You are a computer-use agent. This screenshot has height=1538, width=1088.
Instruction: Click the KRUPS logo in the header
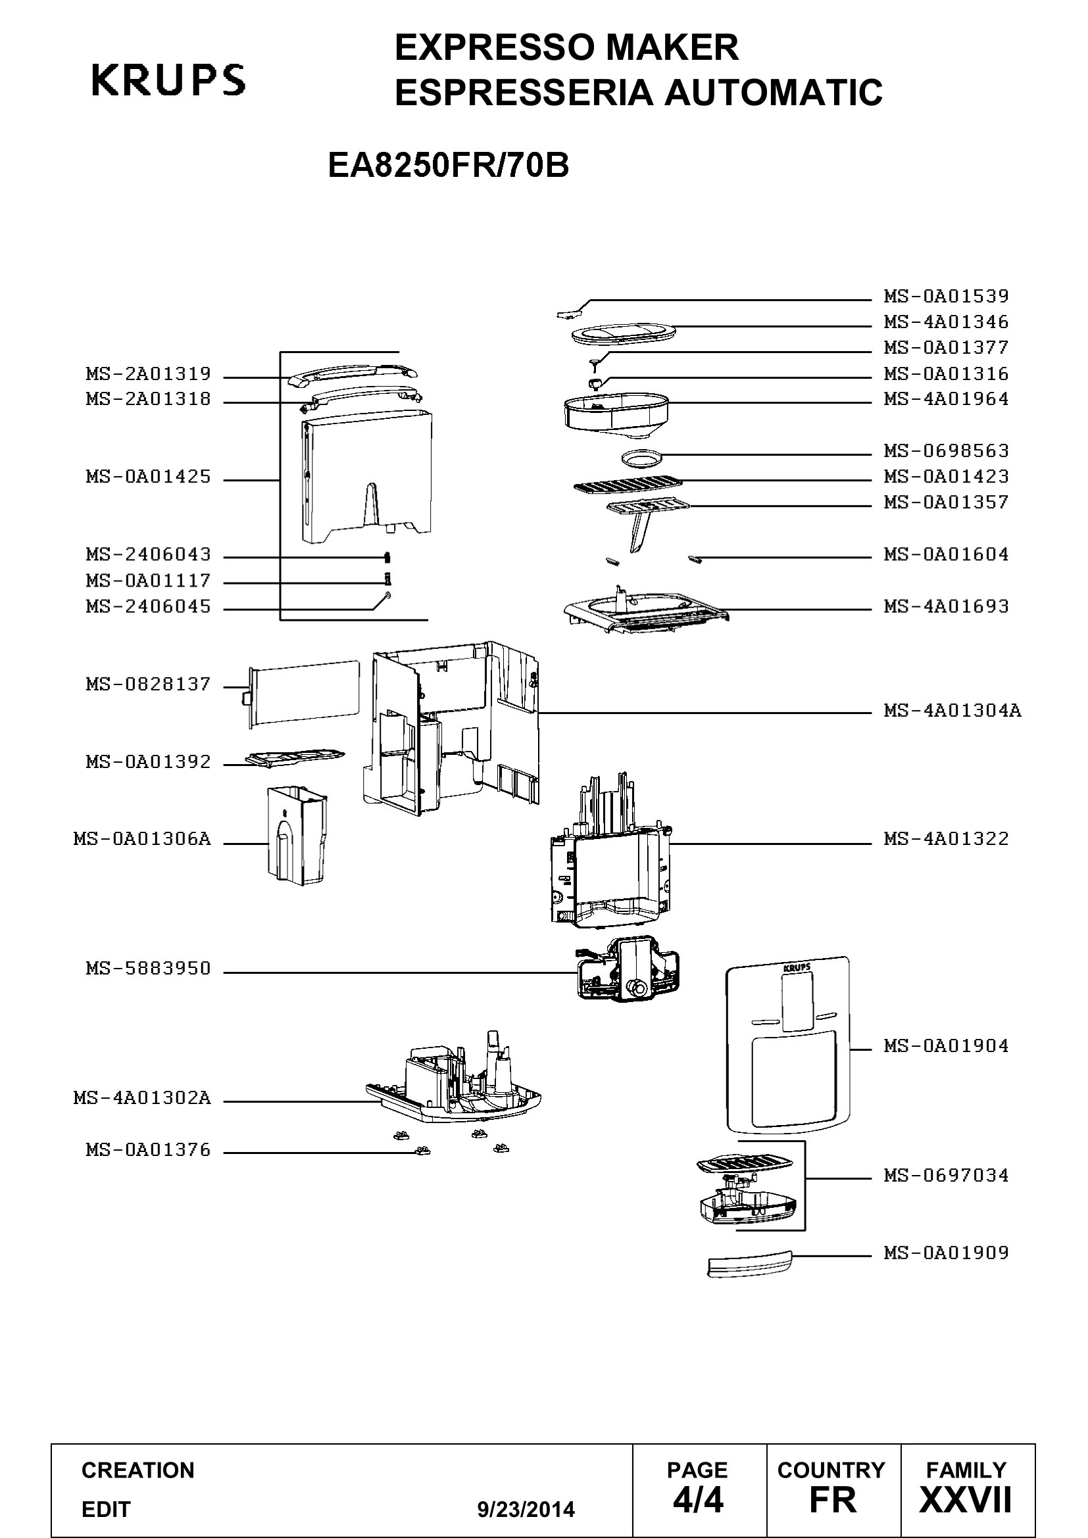coord(168,80)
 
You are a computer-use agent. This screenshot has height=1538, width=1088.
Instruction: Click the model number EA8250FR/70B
coord(448,166)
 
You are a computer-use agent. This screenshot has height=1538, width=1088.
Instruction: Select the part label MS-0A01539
coord(945,296)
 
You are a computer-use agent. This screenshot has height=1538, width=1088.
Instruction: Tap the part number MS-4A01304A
coord(952,710)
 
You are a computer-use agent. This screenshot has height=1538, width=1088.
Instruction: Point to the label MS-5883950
coord(148,969)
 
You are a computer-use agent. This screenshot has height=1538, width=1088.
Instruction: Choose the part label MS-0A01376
coord(148,1150)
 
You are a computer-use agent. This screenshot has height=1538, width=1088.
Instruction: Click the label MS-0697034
coord(945,1176)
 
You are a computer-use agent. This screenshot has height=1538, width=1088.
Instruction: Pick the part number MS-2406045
coord(148,607)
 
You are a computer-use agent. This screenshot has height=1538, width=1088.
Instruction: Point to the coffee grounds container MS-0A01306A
coord(297,835)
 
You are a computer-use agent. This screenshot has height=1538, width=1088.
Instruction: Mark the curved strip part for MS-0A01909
coord(750,1263)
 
